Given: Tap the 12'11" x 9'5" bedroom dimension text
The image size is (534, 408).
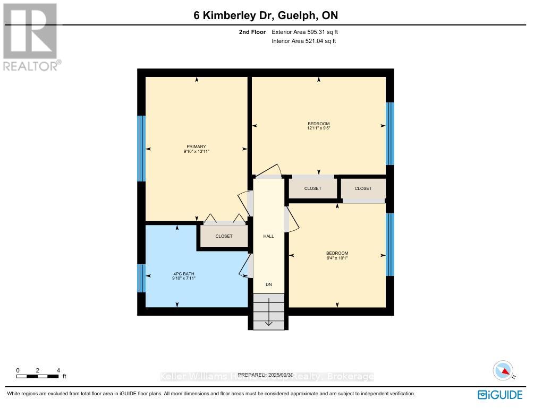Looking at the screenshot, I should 319,128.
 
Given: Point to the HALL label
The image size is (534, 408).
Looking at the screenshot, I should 269,236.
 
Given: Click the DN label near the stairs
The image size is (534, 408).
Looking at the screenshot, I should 269,285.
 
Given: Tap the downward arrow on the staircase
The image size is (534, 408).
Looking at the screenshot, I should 269,313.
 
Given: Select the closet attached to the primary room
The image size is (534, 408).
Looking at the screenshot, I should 224,236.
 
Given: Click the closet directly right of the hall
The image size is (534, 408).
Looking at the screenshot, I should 312,188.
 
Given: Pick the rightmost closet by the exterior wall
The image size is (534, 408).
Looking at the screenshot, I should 363,188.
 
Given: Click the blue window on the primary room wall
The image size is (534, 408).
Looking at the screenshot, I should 141,148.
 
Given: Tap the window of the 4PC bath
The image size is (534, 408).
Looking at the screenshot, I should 141,278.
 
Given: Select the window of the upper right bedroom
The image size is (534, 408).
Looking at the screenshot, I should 390,134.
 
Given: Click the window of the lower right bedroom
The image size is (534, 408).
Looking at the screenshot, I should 390,245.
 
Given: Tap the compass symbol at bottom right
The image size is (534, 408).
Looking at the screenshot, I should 503,370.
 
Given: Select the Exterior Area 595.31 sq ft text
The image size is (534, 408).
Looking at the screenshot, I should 304,32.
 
